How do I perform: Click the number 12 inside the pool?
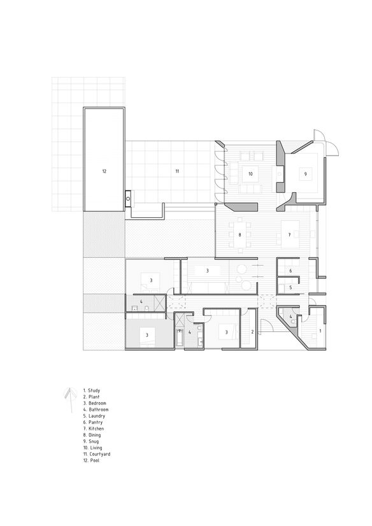tap(104, 171)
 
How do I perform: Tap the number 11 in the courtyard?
tap(177, 171)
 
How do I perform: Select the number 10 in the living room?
tap(250, 174)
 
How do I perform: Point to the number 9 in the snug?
tap(305, 174)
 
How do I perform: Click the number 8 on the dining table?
tap(240, 235)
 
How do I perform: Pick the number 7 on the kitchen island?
tap(289, 235)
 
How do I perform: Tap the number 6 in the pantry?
tap(290, 271)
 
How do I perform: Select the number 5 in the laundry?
tap(290, 287)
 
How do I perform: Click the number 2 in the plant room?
tap(253, 332)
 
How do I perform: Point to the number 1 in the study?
tap(320, 331)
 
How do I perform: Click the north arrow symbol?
tap(70, 400)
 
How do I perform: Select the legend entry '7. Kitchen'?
tap(94, 429)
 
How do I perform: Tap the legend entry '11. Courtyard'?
tap(97, 454)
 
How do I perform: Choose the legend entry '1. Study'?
tap(92, 390)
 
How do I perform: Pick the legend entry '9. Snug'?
tap(91, 441)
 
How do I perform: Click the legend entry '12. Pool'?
tap(91, 460)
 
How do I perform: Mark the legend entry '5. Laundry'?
tap(94, 416)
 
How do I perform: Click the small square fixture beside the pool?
tap(128, 198)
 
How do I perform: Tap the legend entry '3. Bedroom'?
tap(95, 403)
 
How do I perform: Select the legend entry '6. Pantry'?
tap(93, 422)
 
